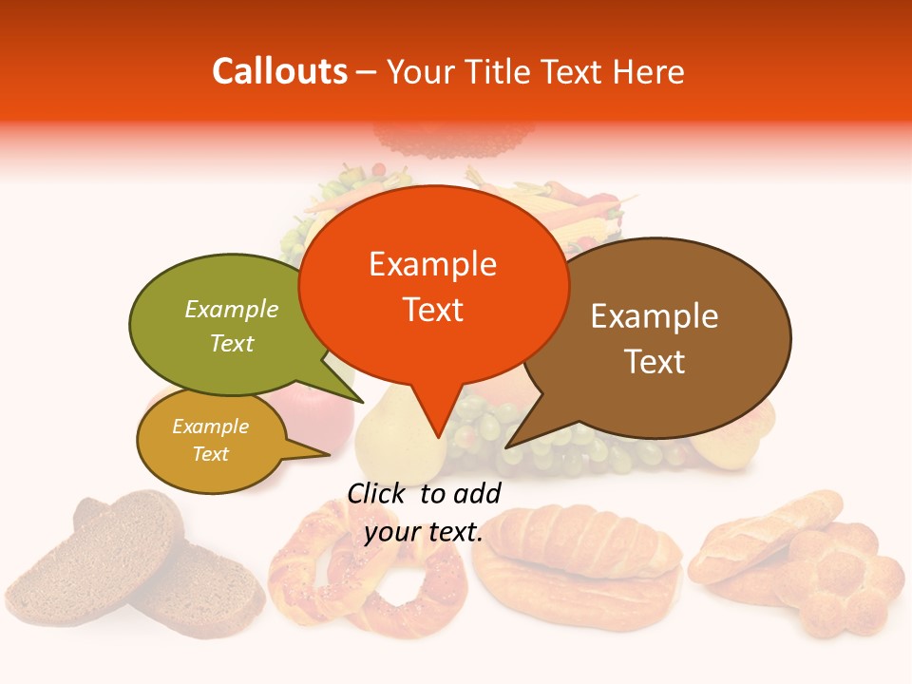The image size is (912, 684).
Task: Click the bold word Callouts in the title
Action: [x=279, y=71]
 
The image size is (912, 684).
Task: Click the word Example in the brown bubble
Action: [x=655, y=316]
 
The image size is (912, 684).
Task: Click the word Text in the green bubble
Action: [x=231, y=344]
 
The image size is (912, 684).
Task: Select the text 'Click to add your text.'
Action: [x=424, y=512]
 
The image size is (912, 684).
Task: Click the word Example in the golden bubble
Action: [x=210, y=427]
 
